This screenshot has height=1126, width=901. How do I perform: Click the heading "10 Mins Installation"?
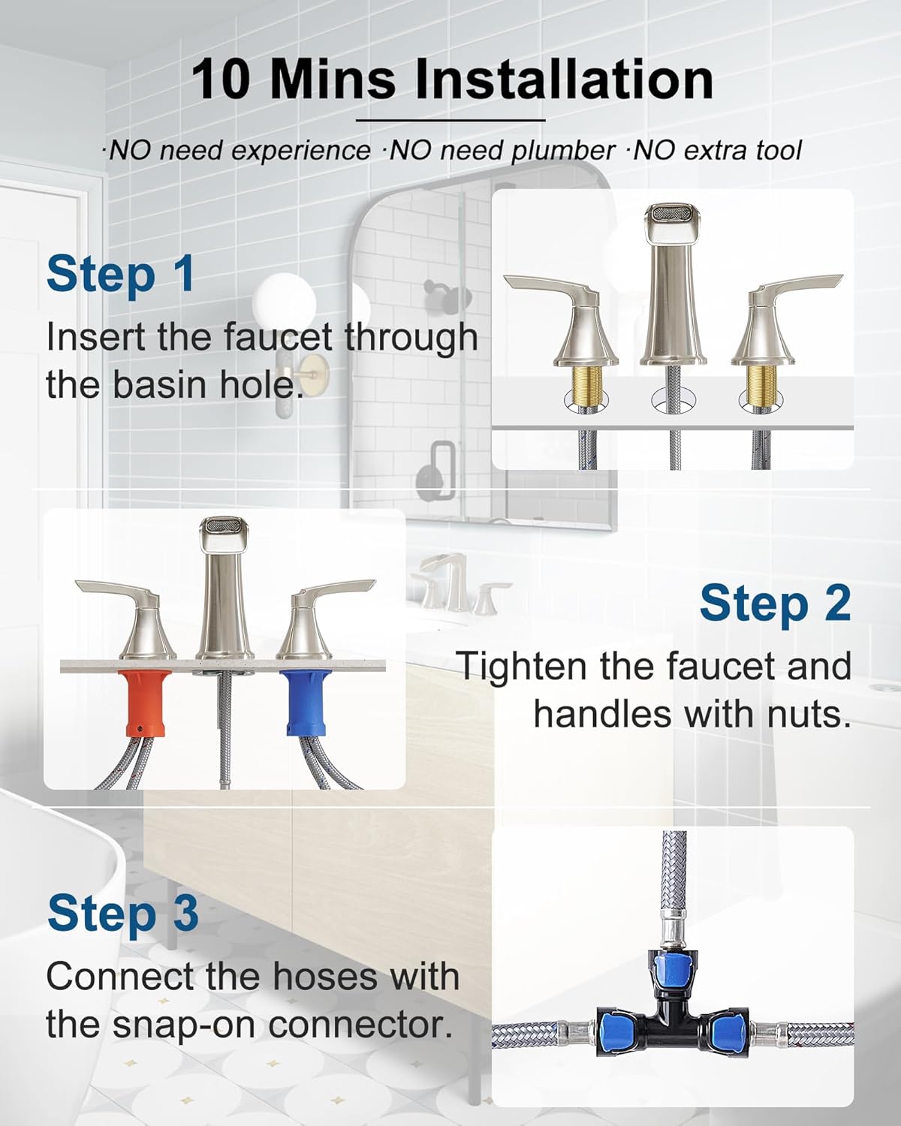click(x=451, y=80)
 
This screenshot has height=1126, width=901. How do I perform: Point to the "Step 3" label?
click(x=123, y=913)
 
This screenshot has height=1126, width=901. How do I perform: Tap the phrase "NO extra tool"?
click(x=717, y=151)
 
